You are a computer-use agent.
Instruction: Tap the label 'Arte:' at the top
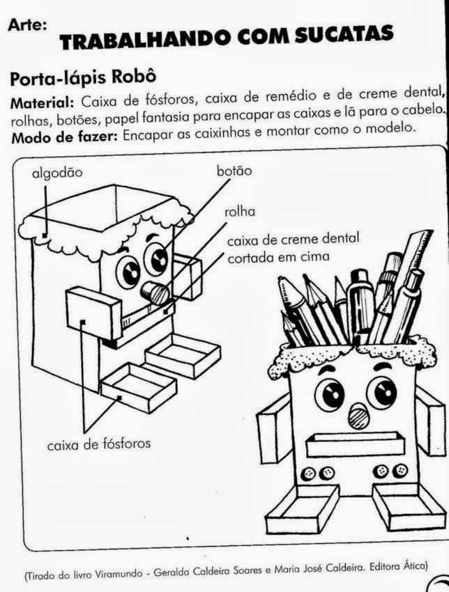(28, 26)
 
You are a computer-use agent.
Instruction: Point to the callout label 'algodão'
(57, 173)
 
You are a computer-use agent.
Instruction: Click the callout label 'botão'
(234, 171)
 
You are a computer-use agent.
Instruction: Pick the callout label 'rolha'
(240, 212)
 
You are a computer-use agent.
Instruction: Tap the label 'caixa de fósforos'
(98, 444)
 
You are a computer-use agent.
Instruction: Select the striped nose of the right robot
(358, 416)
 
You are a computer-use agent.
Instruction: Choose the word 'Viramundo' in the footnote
(119, 575)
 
